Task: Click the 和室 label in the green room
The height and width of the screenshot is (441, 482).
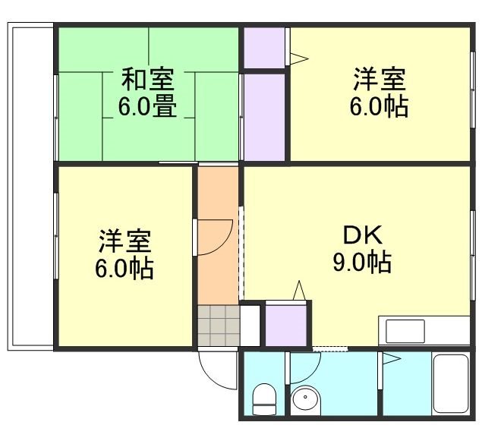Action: pyautogui.click(x=147, y=80)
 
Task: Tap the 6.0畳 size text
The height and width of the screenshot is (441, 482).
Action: pyautogui.click(x=147, y=106)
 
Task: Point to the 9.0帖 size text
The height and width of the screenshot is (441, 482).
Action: pyautogui.click(x=361, y=262)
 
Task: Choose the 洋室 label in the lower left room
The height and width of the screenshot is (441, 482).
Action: pyautogui.click(x=124, y=241)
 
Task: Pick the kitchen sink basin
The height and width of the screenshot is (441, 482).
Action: pyautogui.click(x=405, y=332)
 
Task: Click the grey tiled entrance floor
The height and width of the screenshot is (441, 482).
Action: pyautogui.click(x=216, y=325)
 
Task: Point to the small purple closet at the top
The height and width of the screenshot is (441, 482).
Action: pyautogui.click(x=263, y=46)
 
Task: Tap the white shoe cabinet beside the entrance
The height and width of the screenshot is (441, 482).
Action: pyautogui.click(x=250, y=325)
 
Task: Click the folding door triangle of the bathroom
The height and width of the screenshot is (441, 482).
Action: pyautogui.click(x=392, y=360)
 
